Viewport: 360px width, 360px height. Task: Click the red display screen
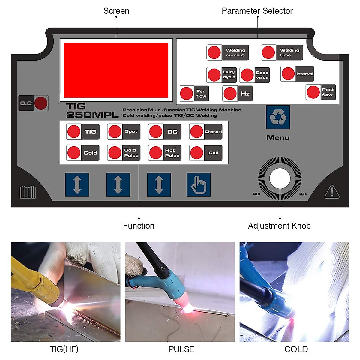(x=116, y=70)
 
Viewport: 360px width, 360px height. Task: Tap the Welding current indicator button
(x=214, y=52)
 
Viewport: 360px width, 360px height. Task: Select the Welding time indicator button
(x=268, y=52)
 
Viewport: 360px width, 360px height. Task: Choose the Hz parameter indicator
(x=230, y=93)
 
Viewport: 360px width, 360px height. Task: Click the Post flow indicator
(x=313, y=92)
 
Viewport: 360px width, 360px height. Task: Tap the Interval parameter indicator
(x=288, y=74)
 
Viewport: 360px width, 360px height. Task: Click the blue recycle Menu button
(x=278, y=117)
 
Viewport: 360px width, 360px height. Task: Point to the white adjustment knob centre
(x=280, y=178)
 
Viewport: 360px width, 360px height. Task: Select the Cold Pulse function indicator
(x=115, y=153)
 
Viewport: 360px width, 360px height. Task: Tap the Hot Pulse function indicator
(x=156, y=153)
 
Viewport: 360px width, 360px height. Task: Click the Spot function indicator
(x=115, y=131)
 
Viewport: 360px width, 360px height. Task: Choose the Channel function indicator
(x=197, y=131)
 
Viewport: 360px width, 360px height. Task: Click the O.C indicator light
(x=41, y=103)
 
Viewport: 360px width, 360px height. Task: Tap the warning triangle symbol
(x=332, y=192)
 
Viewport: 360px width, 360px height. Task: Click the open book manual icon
(x=28, y=192)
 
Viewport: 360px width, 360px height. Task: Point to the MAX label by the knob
(x=303, y=194)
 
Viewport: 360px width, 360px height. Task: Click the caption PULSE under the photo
(x=181, y=349)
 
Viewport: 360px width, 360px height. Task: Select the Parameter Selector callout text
(x=257, y=11)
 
